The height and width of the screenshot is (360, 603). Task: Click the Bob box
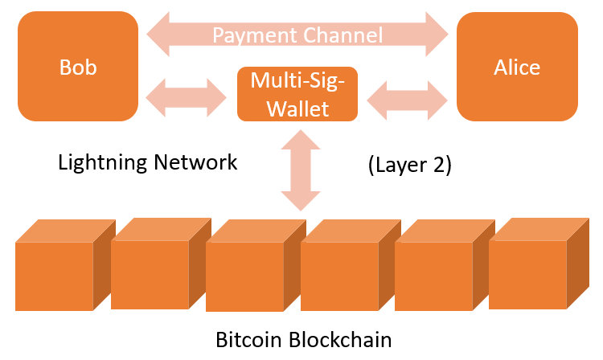[78, 67]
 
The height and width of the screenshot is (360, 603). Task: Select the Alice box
[517, 67]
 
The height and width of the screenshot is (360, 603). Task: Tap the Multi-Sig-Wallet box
[297, 94]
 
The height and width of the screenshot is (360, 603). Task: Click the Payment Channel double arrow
[297, 35]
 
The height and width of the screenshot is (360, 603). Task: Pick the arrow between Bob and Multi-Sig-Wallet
[187, 97]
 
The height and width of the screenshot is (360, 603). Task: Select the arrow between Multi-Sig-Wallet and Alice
[408, 100]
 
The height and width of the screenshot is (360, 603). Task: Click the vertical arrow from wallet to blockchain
[301, 170]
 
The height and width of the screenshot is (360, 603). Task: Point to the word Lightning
[103, 162]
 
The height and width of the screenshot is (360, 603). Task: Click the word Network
[195, 162]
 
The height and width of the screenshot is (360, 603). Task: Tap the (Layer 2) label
[409, 166]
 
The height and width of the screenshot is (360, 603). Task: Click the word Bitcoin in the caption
[248, 340]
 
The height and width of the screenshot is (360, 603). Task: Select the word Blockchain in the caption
[340, 340]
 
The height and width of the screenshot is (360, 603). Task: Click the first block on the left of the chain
[65, 265]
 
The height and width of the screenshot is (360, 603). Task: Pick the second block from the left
[161, 264]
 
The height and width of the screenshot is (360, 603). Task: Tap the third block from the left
[256, 265]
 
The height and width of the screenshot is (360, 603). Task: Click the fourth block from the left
[351, 265]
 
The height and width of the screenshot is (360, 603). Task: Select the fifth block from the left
[445, 265]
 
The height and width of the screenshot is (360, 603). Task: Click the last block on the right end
[539, 264]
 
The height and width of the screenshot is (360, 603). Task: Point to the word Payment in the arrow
[254, 35]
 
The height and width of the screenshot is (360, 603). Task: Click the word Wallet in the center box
[297, 108]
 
